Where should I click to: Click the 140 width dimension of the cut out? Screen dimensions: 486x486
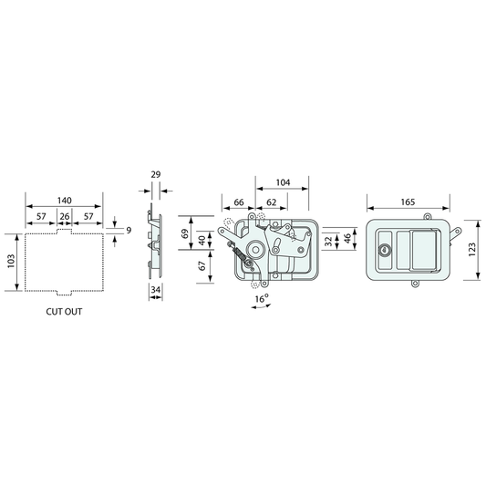64,201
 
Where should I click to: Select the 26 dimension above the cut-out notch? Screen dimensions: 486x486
65,216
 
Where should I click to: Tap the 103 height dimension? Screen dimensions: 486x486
11,261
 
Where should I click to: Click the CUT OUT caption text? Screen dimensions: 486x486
64,312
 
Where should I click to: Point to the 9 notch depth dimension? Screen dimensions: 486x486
129,231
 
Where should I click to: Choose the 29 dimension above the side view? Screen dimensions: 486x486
156,174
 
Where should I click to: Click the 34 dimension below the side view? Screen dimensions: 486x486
155,289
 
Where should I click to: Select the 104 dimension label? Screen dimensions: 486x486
283,182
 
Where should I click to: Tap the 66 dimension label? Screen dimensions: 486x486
239,202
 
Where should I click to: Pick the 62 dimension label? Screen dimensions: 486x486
271,202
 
